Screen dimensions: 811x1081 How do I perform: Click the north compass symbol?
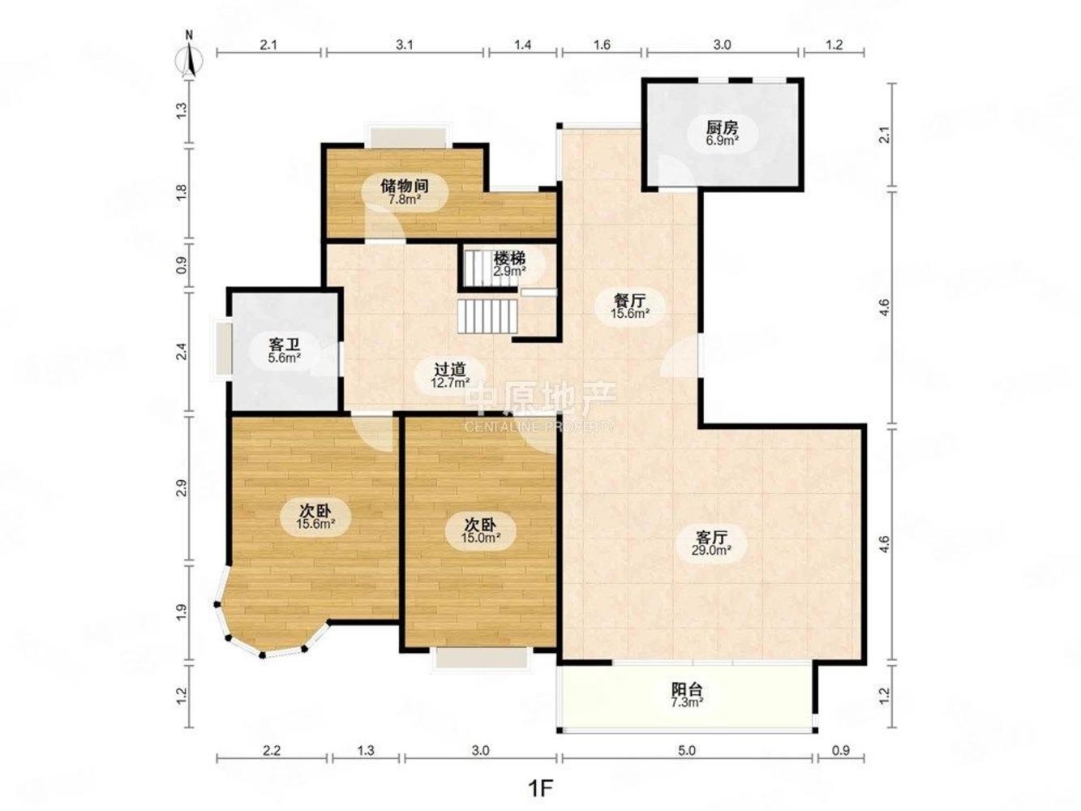190,57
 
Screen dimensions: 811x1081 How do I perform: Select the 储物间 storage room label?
404,191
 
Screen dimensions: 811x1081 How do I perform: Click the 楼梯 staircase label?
509,264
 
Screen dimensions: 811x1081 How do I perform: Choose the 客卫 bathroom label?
285,350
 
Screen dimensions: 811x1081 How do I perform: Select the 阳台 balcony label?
687,695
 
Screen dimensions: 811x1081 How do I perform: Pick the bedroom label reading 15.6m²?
315,517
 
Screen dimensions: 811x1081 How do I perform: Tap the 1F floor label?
540,787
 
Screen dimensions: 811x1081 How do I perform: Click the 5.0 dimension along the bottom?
686,751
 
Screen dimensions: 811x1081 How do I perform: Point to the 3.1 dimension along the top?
405,45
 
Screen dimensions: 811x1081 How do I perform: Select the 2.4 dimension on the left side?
182,353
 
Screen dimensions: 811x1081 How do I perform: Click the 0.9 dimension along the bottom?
841,751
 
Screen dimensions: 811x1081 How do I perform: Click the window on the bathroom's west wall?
222,350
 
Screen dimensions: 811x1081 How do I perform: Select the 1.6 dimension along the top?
602,45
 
